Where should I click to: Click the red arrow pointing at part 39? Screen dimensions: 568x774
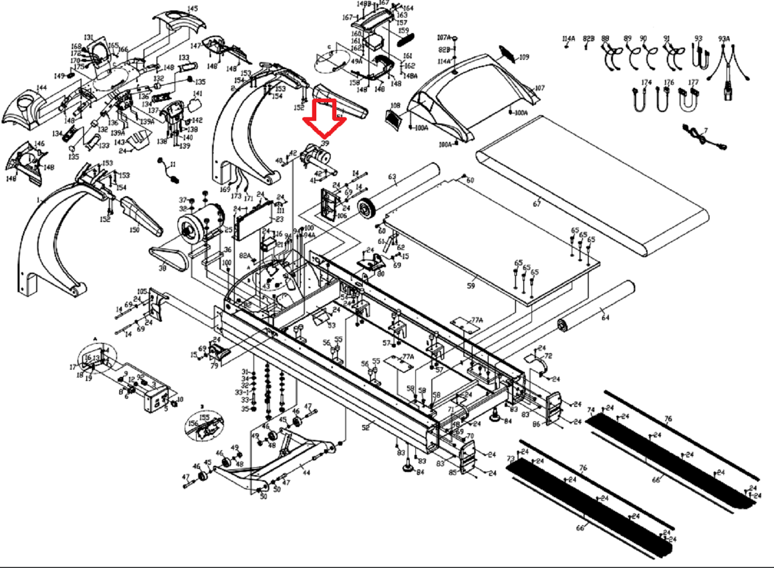point(325,118)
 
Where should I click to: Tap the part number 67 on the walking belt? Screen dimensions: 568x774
point(537,203)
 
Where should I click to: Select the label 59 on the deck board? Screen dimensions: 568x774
point(471,285)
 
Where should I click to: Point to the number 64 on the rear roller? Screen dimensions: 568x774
point(605,318)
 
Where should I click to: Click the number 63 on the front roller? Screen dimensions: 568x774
point(392,177)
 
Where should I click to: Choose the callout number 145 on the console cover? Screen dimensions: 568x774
point(192,9)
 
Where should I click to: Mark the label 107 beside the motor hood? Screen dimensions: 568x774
point(540,88)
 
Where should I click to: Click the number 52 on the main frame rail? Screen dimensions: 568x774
point(366,427)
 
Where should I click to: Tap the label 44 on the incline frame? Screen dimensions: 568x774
point(307,472)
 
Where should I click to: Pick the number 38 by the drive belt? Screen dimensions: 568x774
point(163,269)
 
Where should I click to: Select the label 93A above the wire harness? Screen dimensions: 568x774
point(724,39)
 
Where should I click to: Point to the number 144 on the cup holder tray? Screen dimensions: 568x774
point(41,88)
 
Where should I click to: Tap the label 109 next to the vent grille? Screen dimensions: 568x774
point(524,57)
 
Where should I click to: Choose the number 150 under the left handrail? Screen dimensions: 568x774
point(135,230)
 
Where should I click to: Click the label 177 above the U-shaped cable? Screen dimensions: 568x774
point(694,82)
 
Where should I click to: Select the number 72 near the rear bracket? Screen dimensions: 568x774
point(548,356)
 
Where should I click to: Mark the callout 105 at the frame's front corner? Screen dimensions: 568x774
point(142,292)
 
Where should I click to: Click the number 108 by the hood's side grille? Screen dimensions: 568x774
point(395,106)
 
